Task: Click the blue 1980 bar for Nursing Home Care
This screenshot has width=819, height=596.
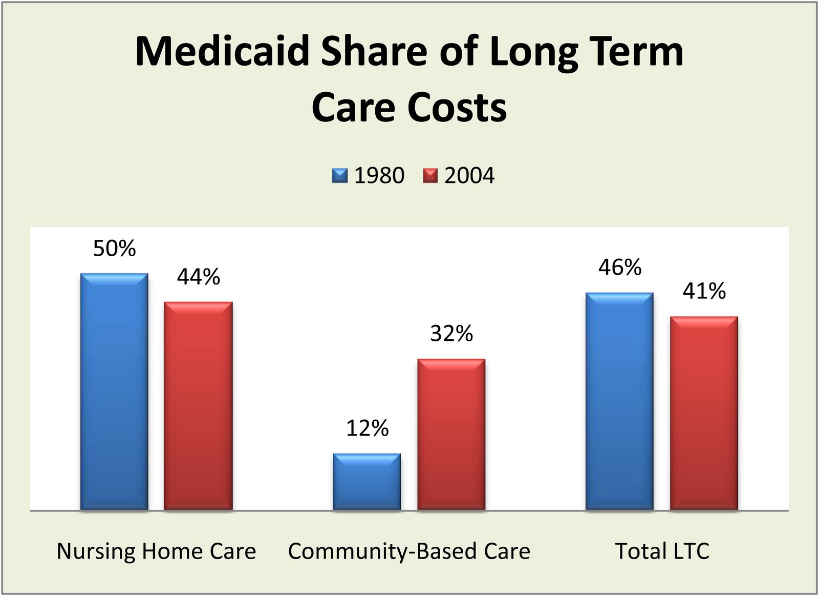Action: click(x=114, y=392)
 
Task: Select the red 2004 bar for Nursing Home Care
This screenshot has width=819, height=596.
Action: click(x=198, y=406)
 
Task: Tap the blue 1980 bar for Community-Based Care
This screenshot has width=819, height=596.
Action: click(x=367, y=482)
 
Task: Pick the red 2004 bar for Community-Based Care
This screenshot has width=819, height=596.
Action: click(x=451, y=435)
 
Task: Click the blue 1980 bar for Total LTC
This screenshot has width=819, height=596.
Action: click(x=619, y=401)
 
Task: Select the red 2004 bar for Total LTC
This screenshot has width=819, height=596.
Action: click(x=704, y=413)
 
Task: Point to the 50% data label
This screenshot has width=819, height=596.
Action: click(x=114, y=249)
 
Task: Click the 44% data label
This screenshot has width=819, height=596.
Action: click(x=199, y=277)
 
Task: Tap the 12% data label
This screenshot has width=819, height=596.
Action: click(x=367, y=428)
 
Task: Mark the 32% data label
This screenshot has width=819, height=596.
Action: click(x=451, y=334)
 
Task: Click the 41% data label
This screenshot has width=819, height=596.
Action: click(x=704, y=292)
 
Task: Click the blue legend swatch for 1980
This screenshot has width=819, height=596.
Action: click(x=339, y=176)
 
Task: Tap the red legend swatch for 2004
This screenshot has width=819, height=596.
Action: click(x=430, y=176)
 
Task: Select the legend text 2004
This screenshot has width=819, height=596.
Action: click(x=469, y=176)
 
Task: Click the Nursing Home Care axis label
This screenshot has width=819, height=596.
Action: click(x=156, y=551)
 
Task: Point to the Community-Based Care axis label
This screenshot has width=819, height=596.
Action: click(x=409, y=551)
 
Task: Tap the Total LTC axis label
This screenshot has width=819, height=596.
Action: click(x=662, y=551)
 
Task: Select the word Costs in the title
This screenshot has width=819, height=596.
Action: click(x=457, y=108)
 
